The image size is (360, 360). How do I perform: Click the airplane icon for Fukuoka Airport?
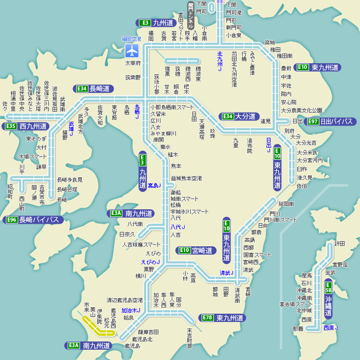pyautogui.click(x=132, y=50)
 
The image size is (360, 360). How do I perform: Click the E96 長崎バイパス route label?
pyautogui.click(x=34, y=220)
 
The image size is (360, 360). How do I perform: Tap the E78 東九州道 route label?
pyautogui.click(x=222, y=318)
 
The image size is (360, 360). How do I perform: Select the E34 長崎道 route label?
pyautogui.click(x=94, y=88)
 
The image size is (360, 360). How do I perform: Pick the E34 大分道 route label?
pyautogui.click(x=239, y=116)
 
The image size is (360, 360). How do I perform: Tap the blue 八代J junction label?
pyautogui.click(x=177, y=227)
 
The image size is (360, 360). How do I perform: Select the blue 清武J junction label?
pyautogui.click(x=226, y=273)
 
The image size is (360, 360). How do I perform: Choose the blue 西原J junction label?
pyautogui.click(x=331, y=328)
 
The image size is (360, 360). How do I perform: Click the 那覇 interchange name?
pyautogui.click(x=298, y=329)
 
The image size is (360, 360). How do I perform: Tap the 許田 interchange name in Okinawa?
pyautogui.click(x=340, y=243)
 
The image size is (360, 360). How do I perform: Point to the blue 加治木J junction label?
pyautogui.click(x=131, y=311)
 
